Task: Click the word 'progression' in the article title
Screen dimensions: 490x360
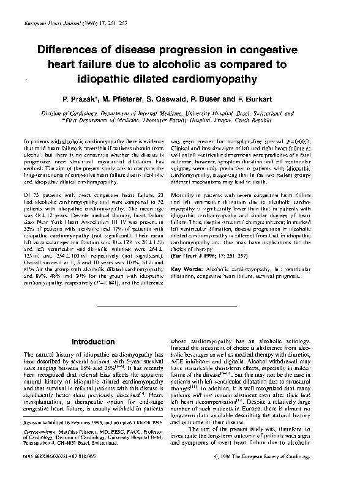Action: click(191, 50)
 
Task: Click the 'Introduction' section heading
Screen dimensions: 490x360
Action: click(89, 341)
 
